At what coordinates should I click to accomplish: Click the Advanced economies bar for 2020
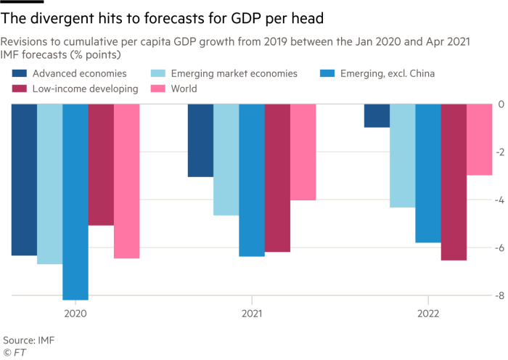tap(24, 180)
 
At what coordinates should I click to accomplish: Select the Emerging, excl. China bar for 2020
tap(75, 202)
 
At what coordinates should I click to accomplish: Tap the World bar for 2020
tap(126, 181)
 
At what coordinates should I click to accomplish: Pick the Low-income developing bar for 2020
tap(100, 165)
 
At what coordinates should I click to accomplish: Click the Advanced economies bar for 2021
tap(200, 140)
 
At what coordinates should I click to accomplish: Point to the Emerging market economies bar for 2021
tap(226, 160)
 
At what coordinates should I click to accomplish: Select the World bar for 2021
tap(303, 152)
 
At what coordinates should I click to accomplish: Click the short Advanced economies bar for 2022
tap(377, 115)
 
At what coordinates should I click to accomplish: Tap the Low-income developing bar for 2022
tap(454, 182)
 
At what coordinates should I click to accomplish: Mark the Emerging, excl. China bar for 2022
tap(428, 173)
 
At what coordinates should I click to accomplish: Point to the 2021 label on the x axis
tap(251, 314)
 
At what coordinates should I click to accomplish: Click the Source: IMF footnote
tap(28, 339)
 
